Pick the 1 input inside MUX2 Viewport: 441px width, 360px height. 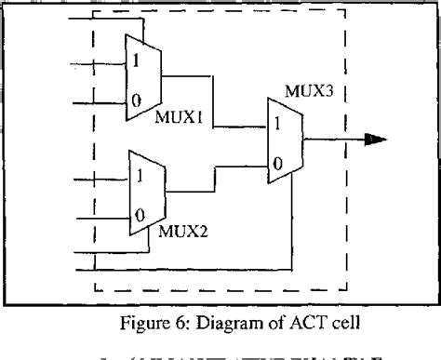(139, 174)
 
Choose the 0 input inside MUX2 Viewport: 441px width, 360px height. (139, 214)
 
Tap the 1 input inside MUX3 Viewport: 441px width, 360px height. (276, 122)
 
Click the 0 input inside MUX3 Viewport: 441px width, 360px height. (276, 164)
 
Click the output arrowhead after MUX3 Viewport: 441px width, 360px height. (374, 140)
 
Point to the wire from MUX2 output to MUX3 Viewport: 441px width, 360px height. (216, 177)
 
